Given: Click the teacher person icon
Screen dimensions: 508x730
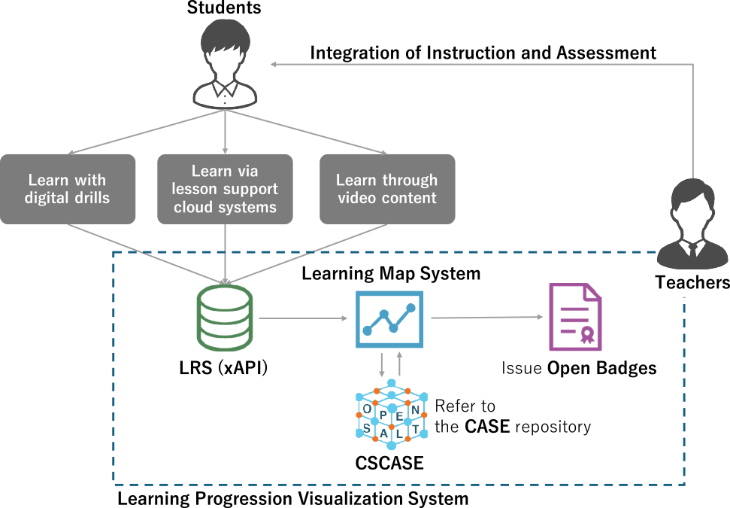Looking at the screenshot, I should click(x=692, y=224).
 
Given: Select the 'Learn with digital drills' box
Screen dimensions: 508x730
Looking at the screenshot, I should click(x=68, y=189).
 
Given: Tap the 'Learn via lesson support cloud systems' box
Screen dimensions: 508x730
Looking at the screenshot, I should click(x=226, y=189).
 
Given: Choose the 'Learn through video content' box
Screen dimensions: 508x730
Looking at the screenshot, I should click(x=387, y=189).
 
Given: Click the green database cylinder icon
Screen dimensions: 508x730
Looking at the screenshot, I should click(x=225, y=318).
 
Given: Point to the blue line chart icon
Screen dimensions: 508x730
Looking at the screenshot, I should click(x=389, y=318).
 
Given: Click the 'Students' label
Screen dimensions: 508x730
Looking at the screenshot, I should click(x=224, y=8).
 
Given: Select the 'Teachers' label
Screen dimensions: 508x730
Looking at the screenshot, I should click(x=692, y=283).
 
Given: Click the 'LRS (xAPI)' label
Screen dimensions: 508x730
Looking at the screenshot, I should click(x=224, y=369).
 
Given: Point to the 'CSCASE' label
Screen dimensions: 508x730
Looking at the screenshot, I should click(x=389, y=463).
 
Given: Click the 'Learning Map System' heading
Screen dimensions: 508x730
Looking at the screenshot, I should click(x=391, y=273).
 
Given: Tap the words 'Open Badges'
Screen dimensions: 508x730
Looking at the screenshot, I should click(x=601, y=369).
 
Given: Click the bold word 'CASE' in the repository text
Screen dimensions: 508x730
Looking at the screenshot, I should click(x=487, y=427).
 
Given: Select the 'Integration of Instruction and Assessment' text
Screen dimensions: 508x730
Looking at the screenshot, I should click(x=483, y=53).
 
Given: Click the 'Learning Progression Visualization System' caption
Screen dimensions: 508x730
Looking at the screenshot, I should click(x=292, y=498).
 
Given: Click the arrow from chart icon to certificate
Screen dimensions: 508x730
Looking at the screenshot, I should click(x=485, y=318).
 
